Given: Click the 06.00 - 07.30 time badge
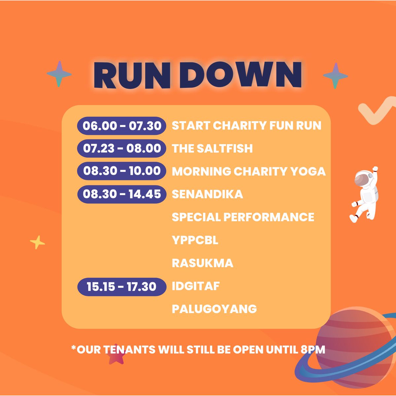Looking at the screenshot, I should pos(121,126).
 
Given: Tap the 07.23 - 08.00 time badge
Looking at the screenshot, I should pos(121,148).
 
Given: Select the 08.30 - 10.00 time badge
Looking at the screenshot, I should pos(121,171).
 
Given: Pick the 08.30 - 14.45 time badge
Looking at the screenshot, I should pos(121,194).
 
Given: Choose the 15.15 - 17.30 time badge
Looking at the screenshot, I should pos(121,286).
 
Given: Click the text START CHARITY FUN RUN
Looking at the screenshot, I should pos(247,126).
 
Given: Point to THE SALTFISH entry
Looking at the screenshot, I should pos(212,148).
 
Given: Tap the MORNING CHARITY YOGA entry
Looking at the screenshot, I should pos(248,171).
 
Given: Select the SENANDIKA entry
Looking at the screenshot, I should pos(207,194).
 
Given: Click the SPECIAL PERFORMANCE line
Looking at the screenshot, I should pos(243,217).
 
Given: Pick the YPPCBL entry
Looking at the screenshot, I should pos(195,240).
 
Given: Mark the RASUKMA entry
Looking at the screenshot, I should pos(203,263).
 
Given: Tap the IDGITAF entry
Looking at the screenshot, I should pos(196,286).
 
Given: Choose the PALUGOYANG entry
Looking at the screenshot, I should pos(214,309).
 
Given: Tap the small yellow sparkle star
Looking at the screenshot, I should pos(37,243).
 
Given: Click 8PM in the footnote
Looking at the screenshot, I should pos(313,349).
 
